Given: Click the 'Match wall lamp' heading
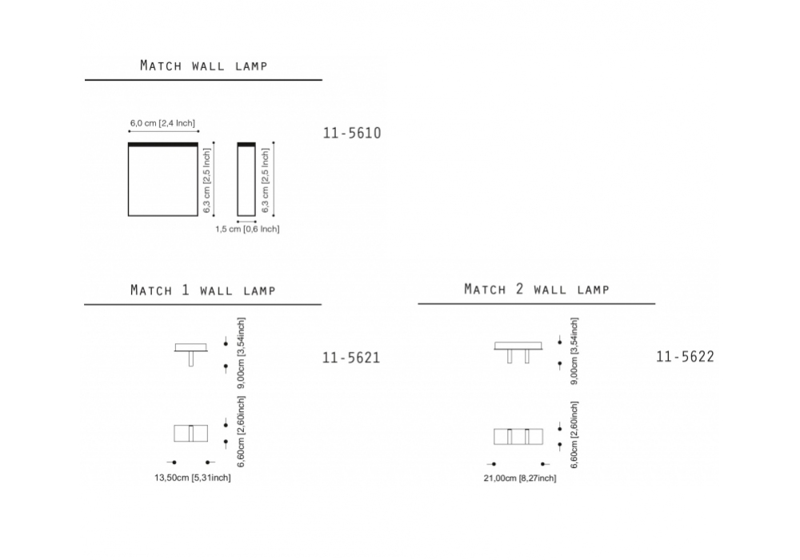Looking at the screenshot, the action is click(203, 66).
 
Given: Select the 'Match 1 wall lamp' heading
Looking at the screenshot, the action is click(203, 290).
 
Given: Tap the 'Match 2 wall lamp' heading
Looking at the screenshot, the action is click(537, 289).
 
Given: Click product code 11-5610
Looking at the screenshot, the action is click(352, 133).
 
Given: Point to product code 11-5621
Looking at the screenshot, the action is click(351, 358).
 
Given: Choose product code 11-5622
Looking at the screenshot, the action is click(686, 357).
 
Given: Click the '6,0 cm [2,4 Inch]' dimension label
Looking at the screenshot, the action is click(162, 123).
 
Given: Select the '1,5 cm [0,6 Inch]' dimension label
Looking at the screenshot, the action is click(247, 229).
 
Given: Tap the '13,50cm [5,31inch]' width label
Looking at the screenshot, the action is click(192, 478).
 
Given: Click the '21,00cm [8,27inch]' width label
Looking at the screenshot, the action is click(520, 478).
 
